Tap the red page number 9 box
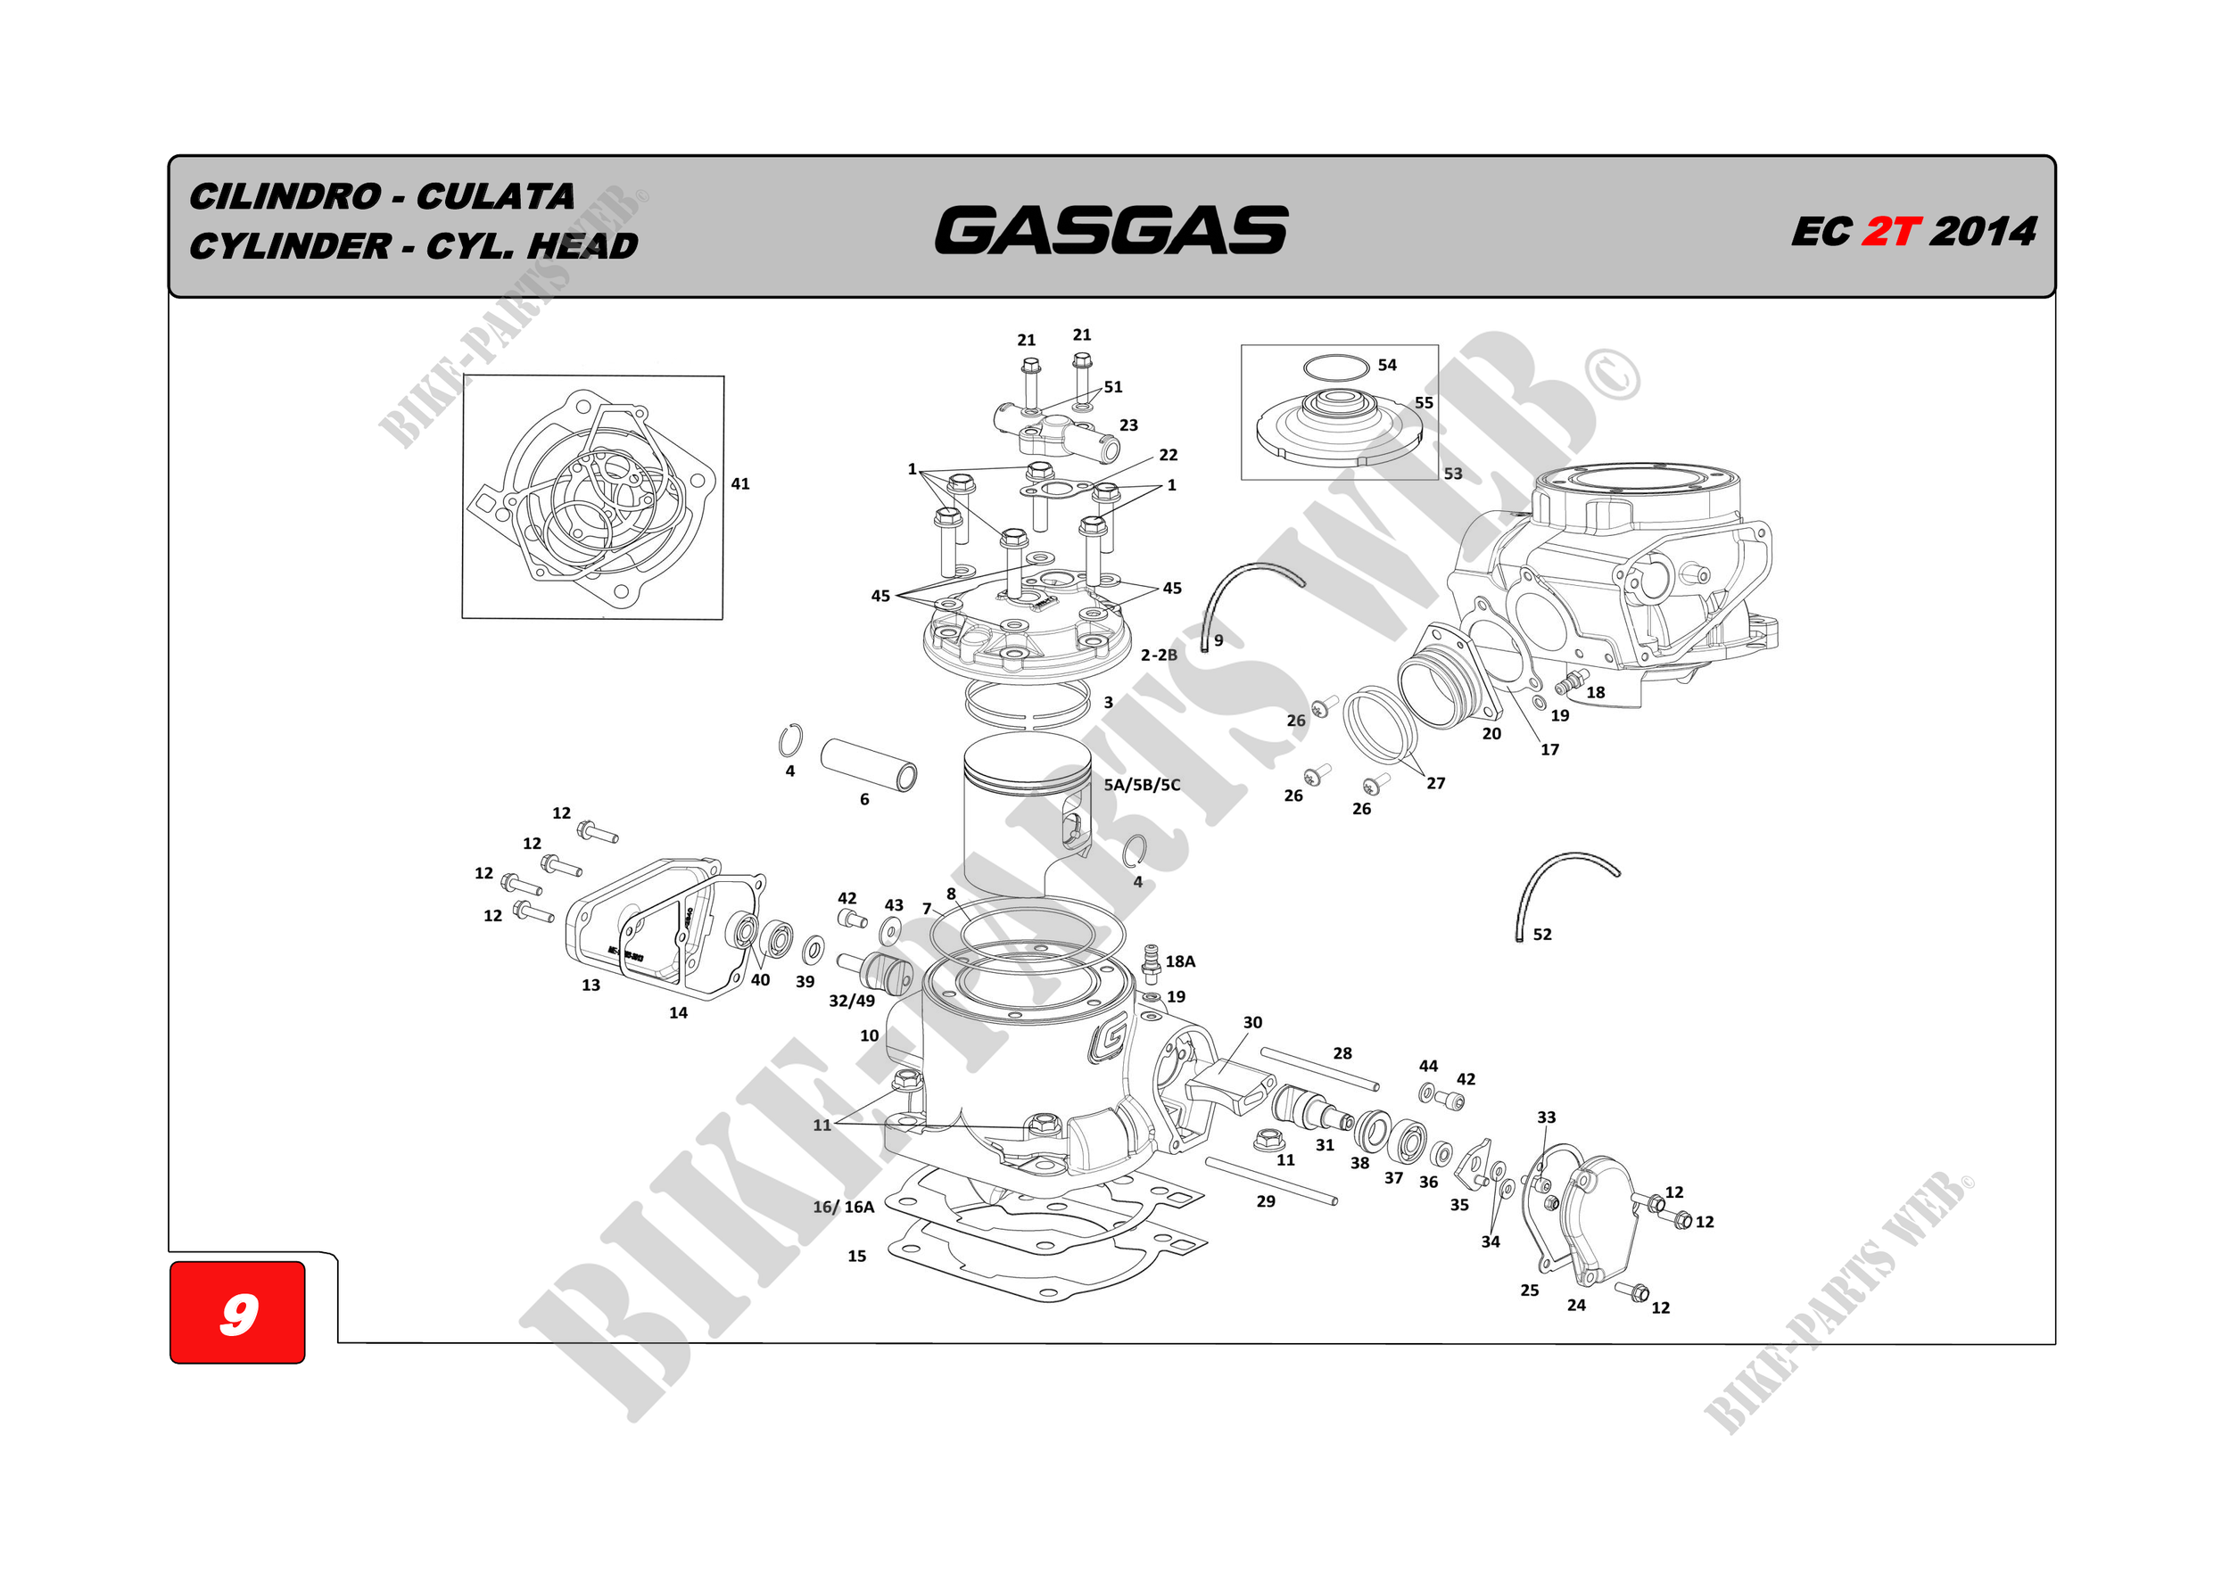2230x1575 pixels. point(238,1313)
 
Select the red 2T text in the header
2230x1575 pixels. point(1890,232)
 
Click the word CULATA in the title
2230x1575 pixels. point(495,197)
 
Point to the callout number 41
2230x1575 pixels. point(740,483)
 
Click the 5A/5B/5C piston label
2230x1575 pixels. point(1141,785)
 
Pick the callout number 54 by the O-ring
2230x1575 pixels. point(1387,365)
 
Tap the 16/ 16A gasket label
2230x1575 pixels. point(843,1207)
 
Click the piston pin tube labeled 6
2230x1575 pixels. point(868,764)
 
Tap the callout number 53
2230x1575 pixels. point(1452,474)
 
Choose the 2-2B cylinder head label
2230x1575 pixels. point(1159,656)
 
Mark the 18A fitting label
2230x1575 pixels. point(1180,961)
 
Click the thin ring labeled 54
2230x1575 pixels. point(1335,368)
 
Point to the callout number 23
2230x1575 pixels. point(1128,425)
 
